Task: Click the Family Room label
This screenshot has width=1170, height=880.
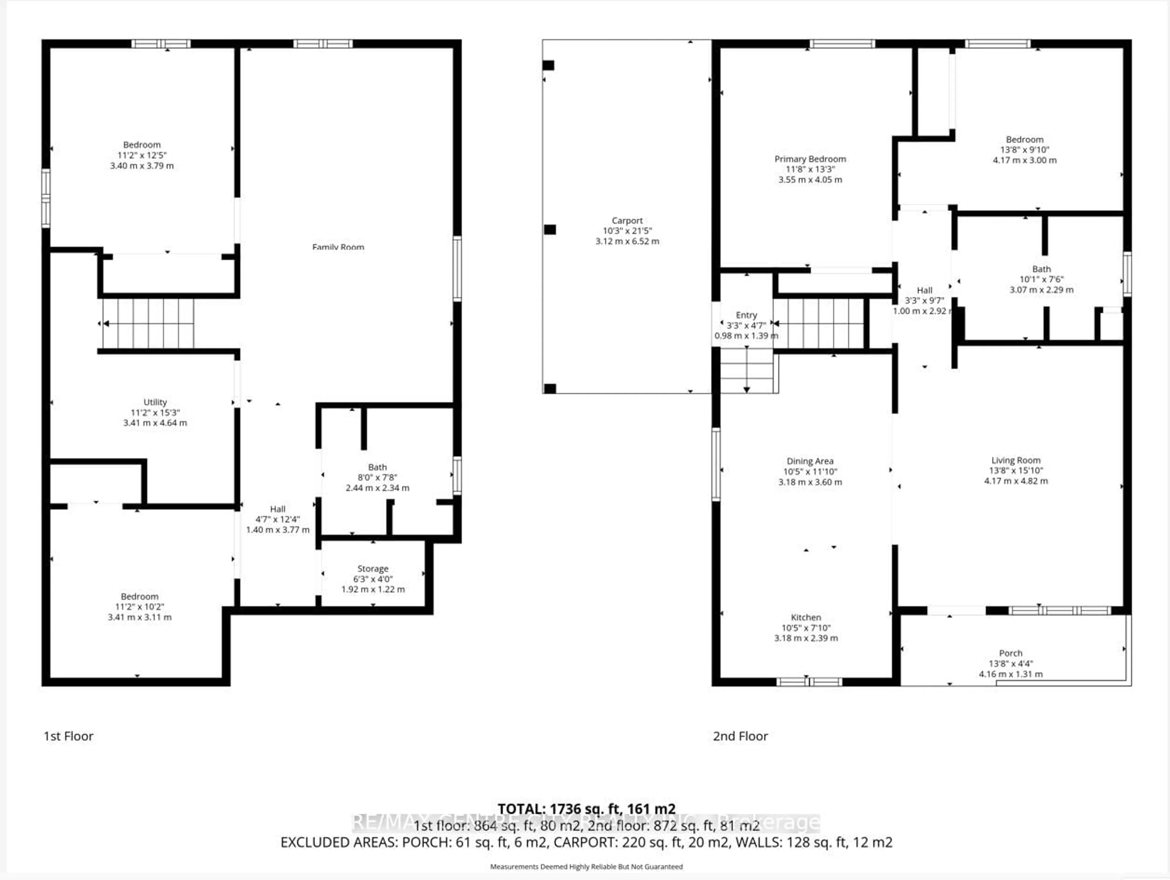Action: coord(338,247)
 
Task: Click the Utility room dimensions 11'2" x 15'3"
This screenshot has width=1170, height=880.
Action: coord(155,412)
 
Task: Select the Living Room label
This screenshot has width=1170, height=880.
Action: coord(1016,460)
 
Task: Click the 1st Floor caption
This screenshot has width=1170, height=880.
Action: coord(68,736)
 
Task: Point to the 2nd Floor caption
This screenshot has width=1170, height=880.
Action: coord(740,736)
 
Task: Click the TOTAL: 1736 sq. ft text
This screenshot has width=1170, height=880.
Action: coord(586,809)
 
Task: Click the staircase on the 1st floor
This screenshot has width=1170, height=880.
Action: coord(148,323)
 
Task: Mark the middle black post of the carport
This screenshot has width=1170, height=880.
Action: coord(550,230)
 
